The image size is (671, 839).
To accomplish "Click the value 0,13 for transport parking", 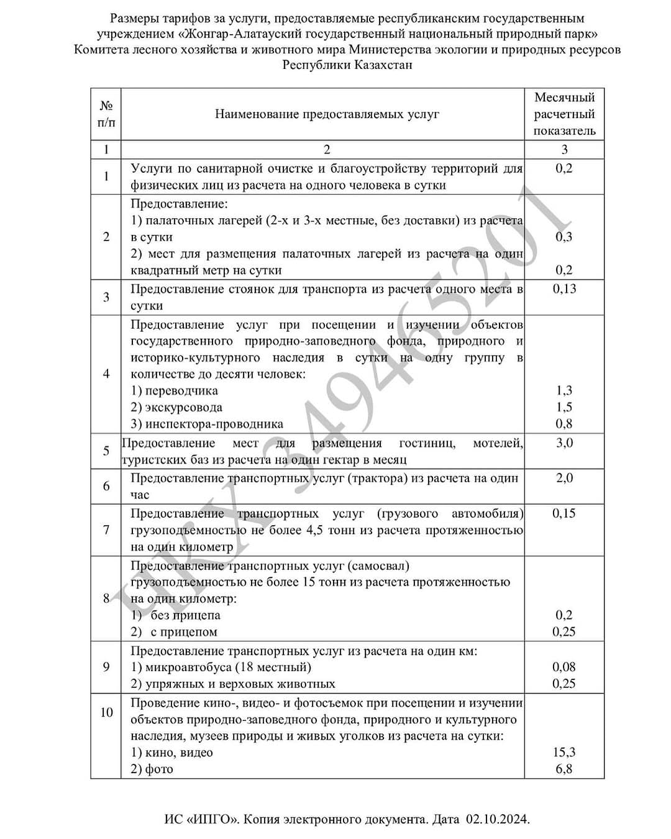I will (x=564, y=288).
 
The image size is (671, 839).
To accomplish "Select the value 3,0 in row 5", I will (x=564, y=443).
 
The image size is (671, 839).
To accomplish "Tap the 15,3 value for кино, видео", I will (x=564, y=752).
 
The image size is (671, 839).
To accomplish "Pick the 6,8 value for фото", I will (x=564, y=769).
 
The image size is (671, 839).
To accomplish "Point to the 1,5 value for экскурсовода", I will (x=564, y=407).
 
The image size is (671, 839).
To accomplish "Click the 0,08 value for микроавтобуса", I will (x=564, y=667).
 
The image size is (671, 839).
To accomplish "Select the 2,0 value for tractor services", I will (x=564, y=478).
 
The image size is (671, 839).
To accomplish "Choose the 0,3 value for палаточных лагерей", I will (x=564, y=237).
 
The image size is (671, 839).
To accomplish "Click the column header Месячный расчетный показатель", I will (x=564, y=114).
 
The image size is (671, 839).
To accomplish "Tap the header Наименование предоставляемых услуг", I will (x=327, y=114).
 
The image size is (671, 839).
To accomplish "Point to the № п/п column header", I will (x=106, y=114).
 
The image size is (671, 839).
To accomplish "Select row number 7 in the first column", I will (x=106, y=530).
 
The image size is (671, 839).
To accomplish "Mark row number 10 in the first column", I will (x=106, y=712).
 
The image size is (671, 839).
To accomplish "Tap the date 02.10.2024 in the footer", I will (x=497, y=819).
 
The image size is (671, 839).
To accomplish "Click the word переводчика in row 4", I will (x=181, y=391).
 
